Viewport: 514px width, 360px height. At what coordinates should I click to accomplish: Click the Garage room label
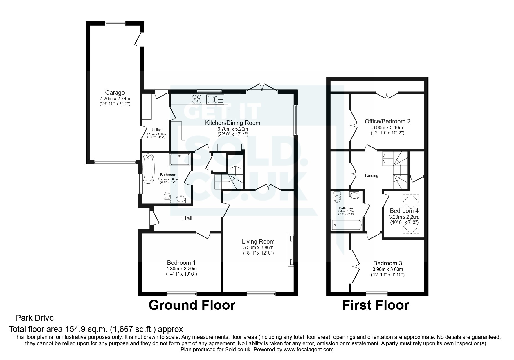point(115,93)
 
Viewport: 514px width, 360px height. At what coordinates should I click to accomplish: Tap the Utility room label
point(156,130)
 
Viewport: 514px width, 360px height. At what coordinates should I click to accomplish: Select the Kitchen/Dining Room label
point(232,123)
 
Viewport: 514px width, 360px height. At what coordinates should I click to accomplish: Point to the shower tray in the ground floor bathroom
point(180,159)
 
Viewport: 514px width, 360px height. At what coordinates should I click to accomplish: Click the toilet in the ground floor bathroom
point(167,197)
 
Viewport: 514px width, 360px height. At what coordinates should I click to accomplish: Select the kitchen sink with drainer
point(215,100)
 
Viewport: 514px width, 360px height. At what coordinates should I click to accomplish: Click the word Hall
point(187,218)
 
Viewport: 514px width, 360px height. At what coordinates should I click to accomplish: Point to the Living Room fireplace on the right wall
point(291,250)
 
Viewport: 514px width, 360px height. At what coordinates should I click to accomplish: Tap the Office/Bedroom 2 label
point(387,121)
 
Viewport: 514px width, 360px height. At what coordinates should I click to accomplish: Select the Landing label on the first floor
point(371,176)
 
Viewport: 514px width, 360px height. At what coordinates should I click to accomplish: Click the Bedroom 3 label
point(387,263)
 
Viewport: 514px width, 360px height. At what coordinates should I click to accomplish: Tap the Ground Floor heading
point(192,305)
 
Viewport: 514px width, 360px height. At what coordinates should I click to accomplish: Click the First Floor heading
point(376,305)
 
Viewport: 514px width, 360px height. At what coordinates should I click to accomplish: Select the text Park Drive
point(35,318)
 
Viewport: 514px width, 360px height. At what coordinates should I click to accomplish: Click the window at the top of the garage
point(115,24)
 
